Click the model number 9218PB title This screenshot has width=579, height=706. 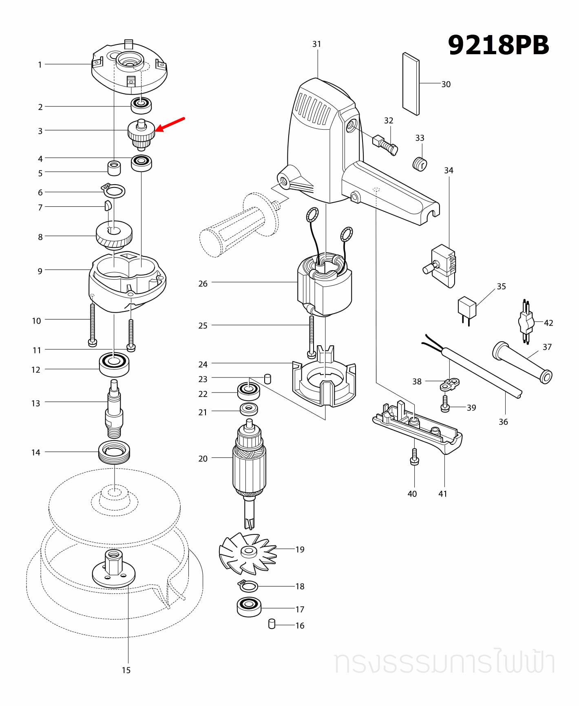(498, 45)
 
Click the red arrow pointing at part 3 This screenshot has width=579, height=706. (170, 125)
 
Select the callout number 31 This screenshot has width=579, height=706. (317, 44)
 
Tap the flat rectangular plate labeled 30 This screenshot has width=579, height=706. (411, 84)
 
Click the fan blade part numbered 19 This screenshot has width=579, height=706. (248, 552)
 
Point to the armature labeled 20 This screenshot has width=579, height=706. (249, 465)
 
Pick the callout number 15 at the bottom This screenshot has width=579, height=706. (126, 670)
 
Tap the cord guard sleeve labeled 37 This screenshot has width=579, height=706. (522, 362)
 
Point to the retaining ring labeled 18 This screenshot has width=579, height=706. (248, 586)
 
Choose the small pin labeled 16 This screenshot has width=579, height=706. (272, 624)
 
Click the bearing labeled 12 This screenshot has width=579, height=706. (114, 364)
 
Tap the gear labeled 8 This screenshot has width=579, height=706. (114, 236)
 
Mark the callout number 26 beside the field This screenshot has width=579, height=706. (203, 284)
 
